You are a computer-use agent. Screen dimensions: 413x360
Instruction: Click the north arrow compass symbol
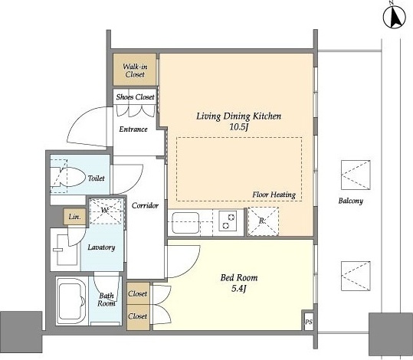(x=395, y=16)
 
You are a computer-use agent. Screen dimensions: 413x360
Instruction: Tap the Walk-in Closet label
(x=135, y=70)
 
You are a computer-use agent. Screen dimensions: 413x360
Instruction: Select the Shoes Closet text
(x=135, y=97)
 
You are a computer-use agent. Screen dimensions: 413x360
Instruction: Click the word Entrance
(x=133, y=129)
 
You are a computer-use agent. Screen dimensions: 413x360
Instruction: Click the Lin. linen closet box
(x=74, y=217)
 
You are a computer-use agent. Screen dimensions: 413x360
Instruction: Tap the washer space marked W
(x=106, y=211)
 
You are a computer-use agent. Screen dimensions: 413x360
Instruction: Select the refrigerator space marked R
(x=263, y=221)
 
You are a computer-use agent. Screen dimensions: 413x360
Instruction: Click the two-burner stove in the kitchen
(x=228, y=221)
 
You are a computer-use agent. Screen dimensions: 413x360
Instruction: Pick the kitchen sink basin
(x=185, y=223)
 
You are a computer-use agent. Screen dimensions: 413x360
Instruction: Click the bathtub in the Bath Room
(x=71, y=301)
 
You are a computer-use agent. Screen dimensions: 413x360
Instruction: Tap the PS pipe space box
(x=309, y=321)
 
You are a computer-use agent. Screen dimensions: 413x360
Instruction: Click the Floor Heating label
(x=274, y=195)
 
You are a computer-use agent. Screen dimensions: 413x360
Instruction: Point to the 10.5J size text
(x=239, y=127)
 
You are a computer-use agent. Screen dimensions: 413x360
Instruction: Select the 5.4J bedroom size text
(x=238, y=289)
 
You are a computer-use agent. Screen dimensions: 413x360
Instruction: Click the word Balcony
(x=351, y=201)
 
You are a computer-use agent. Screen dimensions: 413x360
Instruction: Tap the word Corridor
(x=145, y=205)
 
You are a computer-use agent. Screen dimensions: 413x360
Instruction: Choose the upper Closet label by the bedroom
(x=137, y=293)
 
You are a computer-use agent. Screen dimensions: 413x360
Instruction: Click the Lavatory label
(x=101, y=247)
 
